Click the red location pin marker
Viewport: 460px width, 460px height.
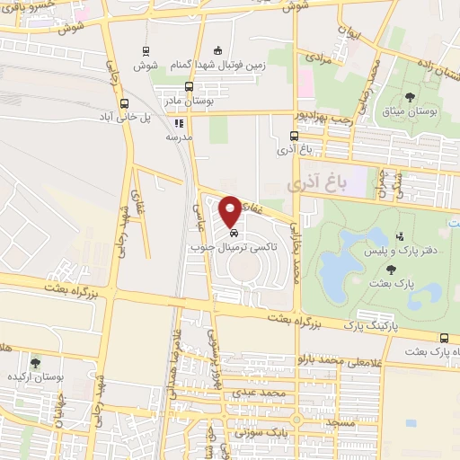[231, 209]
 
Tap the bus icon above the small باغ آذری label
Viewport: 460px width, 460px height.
[293, 136]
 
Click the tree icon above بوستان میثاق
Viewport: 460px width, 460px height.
[411, 96]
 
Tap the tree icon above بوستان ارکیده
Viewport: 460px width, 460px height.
[34, 363]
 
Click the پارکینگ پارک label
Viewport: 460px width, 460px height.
[368, 330]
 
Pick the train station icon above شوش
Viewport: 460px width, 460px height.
[146, 51]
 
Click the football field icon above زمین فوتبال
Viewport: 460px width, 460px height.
[216, 51]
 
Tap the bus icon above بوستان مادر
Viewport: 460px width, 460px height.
[188, 86]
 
